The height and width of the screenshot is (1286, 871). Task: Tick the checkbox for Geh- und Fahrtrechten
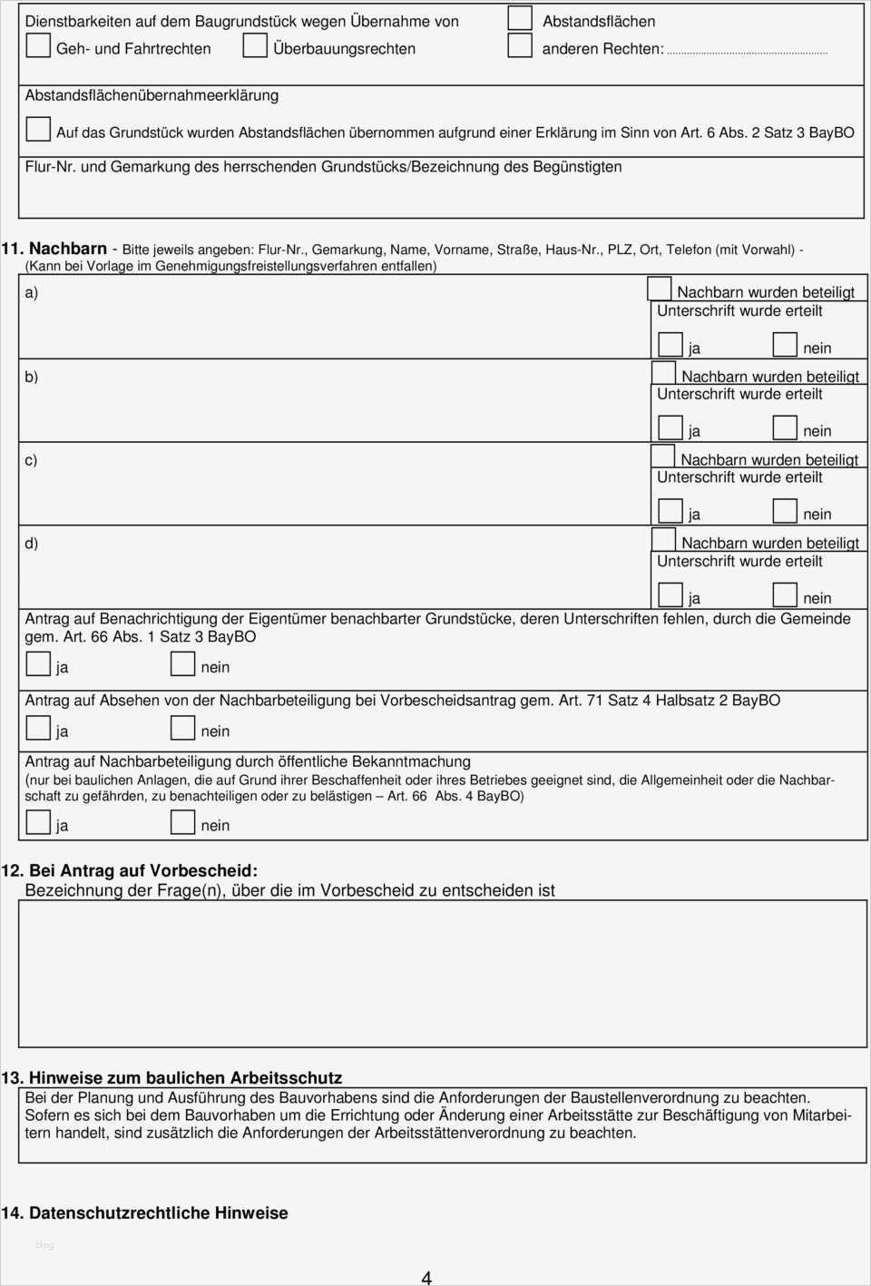tap(38, 45)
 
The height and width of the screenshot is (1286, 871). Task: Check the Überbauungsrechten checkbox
tap(255, 45)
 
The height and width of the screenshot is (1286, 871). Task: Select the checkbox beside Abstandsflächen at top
tap(520, 18)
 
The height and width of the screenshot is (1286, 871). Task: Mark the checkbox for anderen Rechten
tap(520, 45)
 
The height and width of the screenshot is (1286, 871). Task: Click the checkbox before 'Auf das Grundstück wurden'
tap(38, 129)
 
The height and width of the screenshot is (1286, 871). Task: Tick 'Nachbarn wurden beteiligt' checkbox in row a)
tap(660, 290)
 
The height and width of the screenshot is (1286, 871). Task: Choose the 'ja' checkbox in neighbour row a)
tap(670, 345)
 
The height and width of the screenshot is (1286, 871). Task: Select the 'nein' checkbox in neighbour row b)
tap(785, 427)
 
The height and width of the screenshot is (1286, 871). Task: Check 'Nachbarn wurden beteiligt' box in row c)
tap(663, 456)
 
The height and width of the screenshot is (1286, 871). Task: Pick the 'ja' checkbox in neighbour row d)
tap(670, 594)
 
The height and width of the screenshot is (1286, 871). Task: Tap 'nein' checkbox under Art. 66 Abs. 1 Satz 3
tap(183, 664)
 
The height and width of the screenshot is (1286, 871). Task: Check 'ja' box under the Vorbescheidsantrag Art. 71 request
tap(38, 728)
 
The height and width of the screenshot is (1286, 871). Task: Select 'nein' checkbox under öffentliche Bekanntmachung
tap(183, 822)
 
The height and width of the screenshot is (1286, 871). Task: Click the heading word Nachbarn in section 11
tap(68, 249)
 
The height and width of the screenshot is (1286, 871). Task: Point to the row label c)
tap(32, 460)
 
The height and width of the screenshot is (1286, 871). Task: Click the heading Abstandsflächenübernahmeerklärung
tap(152, 95)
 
